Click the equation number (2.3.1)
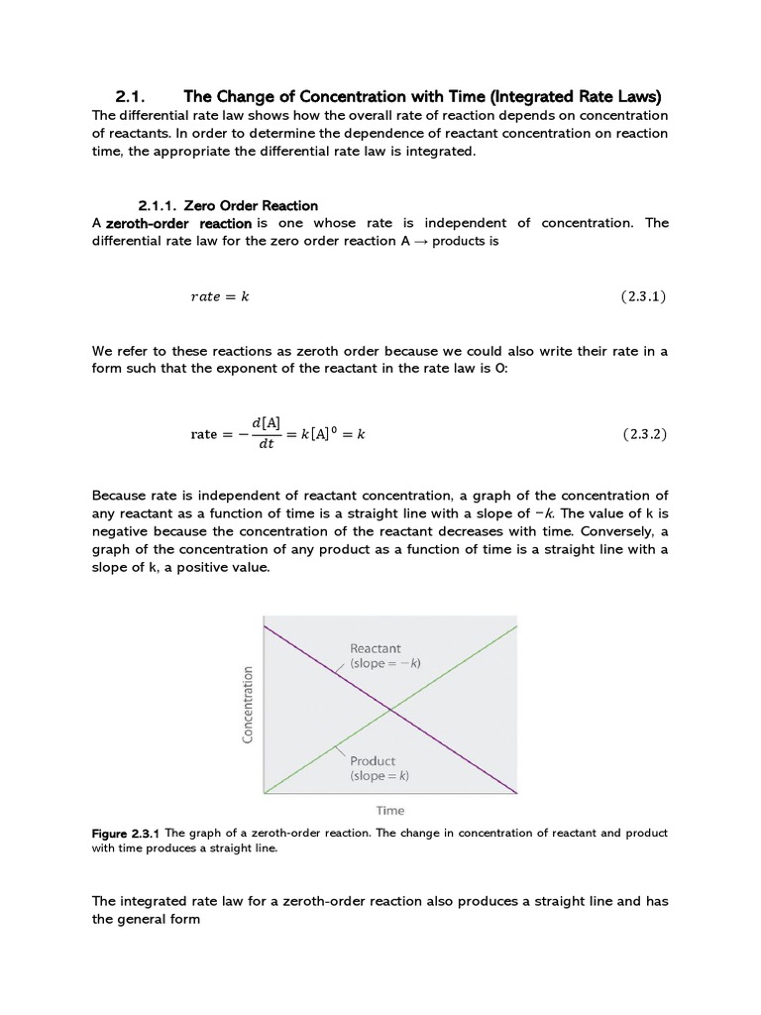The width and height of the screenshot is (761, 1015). point(643,296)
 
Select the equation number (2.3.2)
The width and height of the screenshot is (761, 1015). point(643,434)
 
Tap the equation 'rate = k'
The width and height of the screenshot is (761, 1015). point(218,296)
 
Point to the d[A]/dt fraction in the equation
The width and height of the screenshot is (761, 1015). point(266,434)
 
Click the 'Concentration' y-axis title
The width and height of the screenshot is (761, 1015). point(249,704)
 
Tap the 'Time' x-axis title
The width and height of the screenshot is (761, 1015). point(389,810)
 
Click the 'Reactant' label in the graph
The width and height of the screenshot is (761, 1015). point(376,648)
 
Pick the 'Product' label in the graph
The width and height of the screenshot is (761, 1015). point(373,761)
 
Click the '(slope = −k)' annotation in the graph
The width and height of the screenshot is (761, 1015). point(385,663)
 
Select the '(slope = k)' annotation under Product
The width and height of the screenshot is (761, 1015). point(380,776)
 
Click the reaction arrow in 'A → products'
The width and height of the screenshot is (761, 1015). point(420,241)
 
